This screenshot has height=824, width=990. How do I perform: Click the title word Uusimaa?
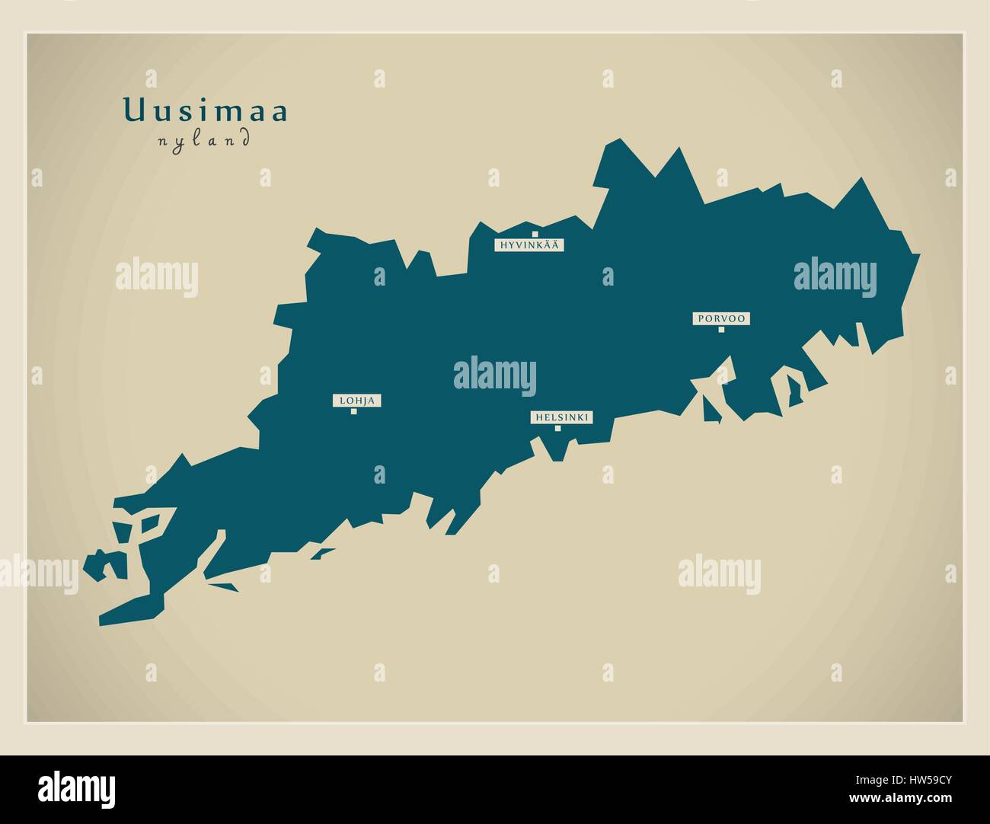point(206,112)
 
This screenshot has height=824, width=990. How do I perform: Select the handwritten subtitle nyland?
point(203,140)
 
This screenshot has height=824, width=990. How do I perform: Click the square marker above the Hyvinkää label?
point(535,234)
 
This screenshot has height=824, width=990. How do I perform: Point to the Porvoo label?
point(720,318)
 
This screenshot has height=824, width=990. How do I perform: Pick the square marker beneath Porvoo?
point(721,330)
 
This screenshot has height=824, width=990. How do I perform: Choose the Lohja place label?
point(356,401)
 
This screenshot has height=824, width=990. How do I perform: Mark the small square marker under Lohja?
point(353,412)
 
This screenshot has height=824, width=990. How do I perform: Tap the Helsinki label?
point(561,417)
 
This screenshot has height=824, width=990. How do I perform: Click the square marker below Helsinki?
point(557,428)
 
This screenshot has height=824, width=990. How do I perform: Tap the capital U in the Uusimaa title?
point(133,111)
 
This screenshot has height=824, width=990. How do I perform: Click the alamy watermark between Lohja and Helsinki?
point(495,375)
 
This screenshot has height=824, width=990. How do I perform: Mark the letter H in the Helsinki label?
point(538,417)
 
